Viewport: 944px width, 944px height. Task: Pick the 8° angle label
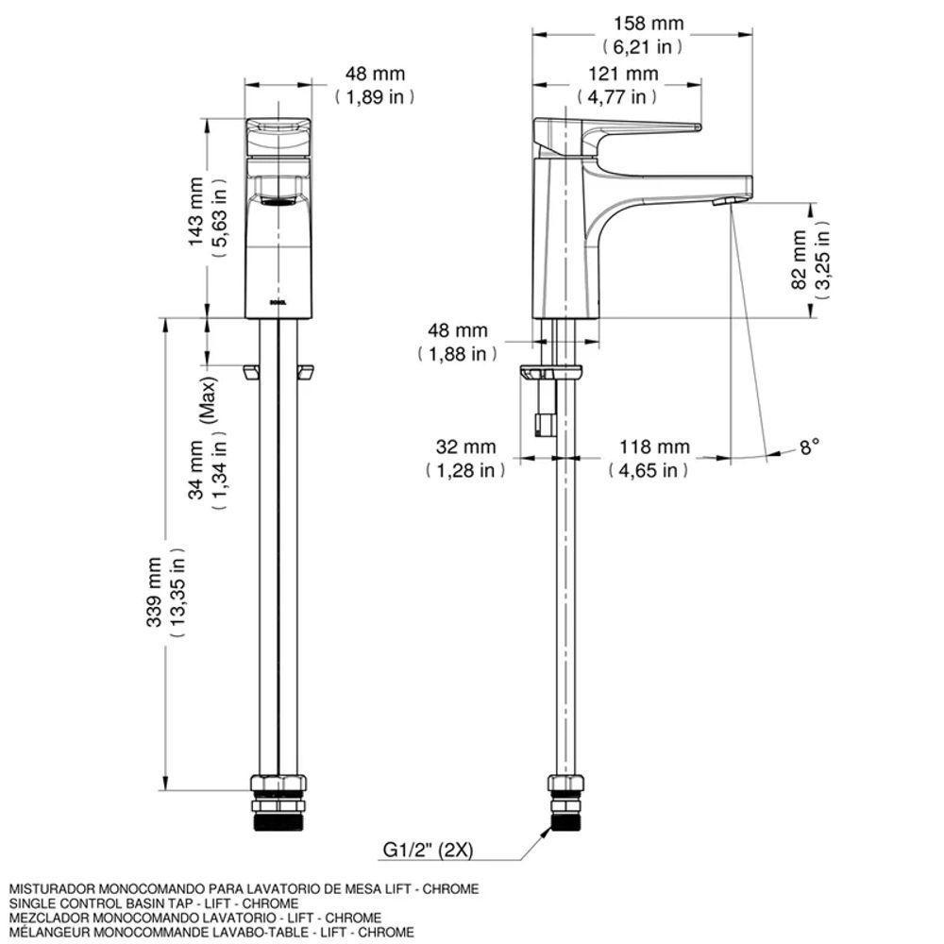[x=810, y=447]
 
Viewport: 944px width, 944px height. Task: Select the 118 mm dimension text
[x=653, y=447]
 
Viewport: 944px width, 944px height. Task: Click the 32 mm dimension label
[x=464, y=447]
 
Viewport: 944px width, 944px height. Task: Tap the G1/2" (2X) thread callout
[x=428, y=850]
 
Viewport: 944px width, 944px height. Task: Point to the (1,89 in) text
[x=374, y=96]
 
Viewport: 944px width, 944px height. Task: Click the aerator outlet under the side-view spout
[x=726, y=201]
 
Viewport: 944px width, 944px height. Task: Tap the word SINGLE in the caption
[x=29, y=903]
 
